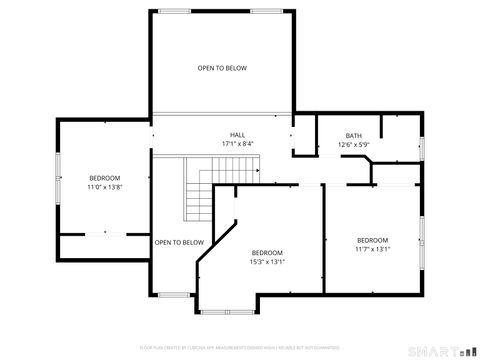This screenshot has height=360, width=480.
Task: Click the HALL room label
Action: pos(237,135)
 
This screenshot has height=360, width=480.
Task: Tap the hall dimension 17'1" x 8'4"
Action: pos(237,144)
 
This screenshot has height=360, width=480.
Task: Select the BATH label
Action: pos(354,136)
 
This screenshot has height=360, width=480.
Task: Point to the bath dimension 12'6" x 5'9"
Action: pos(354,145)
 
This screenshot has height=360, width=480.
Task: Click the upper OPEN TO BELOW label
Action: pos(222,68)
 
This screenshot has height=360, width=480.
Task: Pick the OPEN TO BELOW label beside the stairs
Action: pos(179,242)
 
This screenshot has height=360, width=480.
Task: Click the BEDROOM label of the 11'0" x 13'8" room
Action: pos(104,178)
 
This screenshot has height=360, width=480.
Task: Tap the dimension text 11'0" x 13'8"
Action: pos(104,187)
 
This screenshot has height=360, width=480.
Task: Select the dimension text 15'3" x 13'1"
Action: pos(267,262)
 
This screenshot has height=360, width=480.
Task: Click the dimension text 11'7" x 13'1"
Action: pos(373,249)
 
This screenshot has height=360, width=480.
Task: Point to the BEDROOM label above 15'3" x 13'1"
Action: pos(267,252)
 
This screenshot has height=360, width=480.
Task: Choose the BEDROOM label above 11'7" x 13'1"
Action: pos(373,240)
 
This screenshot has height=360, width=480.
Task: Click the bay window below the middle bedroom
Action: pos(226,311)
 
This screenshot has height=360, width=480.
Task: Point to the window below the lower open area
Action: pos(175,294)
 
